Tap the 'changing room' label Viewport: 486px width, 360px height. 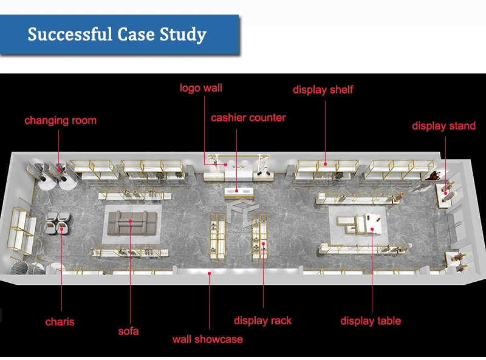click(x=60, y=120)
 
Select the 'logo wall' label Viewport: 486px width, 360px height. click(x=201, y=88)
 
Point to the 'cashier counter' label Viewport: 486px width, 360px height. click(x=248, y=117)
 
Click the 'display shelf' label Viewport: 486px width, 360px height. click(x=323, y=90)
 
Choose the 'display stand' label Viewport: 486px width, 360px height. click(x=443, y=126)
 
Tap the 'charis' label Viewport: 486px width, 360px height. click(x=60, y=321)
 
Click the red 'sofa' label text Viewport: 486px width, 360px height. click(x=128, y=331)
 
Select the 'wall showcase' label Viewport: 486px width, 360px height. click(x=208, y=339)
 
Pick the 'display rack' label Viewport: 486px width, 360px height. click(x=262, y=321)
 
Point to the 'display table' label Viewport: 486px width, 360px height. click(x=371, y=321)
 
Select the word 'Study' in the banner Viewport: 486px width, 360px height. click(x=182, y=35)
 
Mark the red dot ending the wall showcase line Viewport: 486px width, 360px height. click(x=210, y=274)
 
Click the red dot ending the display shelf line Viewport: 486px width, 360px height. click(x=325, y=163)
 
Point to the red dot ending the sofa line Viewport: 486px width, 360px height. click(x=130, y=222)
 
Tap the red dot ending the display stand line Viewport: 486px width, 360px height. click(x=446, y=193)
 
